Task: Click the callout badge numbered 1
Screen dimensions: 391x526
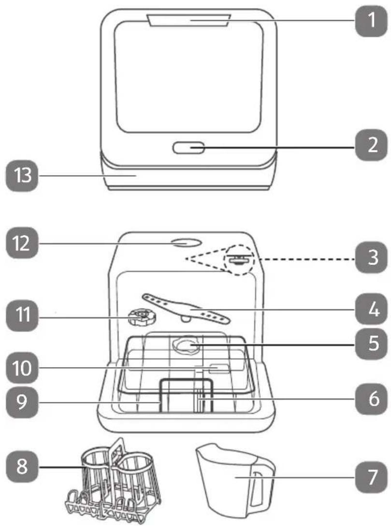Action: pos(372,20)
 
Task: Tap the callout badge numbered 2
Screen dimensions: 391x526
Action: pos(372,145)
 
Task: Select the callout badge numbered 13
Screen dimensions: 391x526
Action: pos(22,176)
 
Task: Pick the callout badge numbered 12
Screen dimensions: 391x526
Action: pos(22,243)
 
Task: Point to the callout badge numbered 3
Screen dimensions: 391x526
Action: pos(372,257)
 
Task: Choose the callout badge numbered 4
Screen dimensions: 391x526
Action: pos(372,309)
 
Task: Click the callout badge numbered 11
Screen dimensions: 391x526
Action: pos(22,315)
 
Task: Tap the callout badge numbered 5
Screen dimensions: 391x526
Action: pos(372,344)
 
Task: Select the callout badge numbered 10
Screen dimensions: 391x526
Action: pos(22,368)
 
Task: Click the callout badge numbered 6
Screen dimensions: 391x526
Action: pos(372,399)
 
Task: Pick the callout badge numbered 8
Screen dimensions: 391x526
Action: pos(22,466)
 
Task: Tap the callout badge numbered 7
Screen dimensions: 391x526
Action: pos(372,477)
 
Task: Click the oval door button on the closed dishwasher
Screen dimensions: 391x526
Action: pos(188,148)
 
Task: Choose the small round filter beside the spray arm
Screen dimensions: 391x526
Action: pos(143,318)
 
